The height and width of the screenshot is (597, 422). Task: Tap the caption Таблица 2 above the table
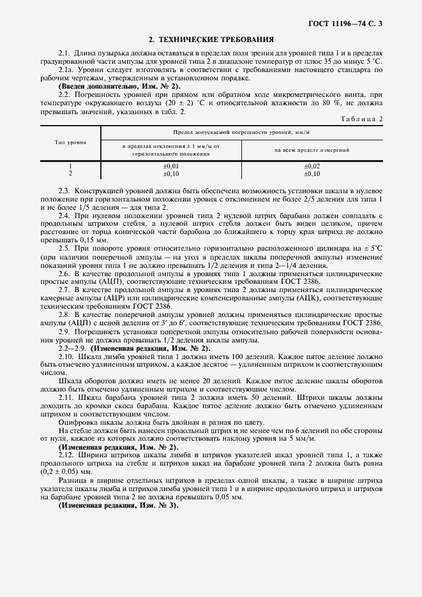pyautogui.click(x=361, y=119)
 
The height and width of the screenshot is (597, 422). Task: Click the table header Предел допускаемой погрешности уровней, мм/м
pyautogui.click(x=245, y=132)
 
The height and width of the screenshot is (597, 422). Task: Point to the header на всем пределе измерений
pyautogui.click(x=312, y=151)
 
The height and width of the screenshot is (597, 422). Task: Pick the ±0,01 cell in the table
pyautogui.click(x=170, y=166)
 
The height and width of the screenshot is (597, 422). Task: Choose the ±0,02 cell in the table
pyautogui.click(x=312, y=166)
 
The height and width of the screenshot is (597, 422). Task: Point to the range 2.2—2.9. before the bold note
pyautogui.click(x=73, y=348)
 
